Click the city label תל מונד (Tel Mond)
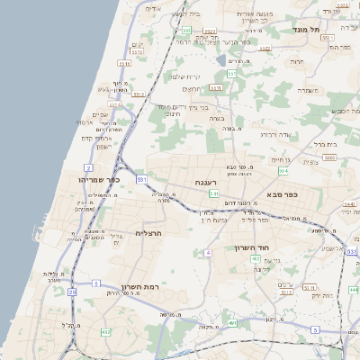pyautogui.click(x=306, y=30)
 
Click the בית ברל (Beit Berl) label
pyautogui.click(x=326, y=143)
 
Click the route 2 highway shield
pyautogui.click(x=88, y=167)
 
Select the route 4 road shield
pyautogui.click(x=208, y=253)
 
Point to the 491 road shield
pyautogui.click(x=232, y=322)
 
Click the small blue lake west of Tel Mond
pyautogui.click(x=221, y=60)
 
